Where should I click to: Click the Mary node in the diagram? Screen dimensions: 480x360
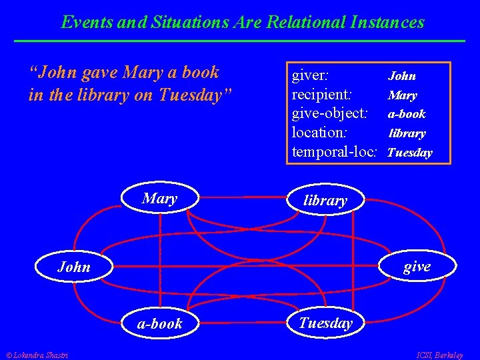(159, 198)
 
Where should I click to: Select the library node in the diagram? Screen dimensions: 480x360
(325, 200)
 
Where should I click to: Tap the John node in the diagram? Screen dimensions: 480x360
(73, 267)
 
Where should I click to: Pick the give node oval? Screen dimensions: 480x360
(417, 267)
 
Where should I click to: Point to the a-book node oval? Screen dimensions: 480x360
(159, 323)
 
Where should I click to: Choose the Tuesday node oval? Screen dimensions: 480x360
(325, 323)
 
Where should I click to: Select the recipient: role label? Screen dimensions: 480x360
(322, 94)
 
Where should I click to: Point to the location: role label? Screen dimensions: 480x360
(321, 133)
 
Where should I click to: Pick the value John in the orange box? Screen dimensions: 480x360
(402, 76)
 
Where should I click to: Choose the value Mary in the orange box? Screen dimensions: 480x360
(403, 95)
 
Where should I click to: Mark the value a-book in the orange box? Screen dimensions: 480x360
(407, 114)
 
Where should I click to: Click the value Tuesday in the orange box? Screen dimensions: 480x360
(409, 153)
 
